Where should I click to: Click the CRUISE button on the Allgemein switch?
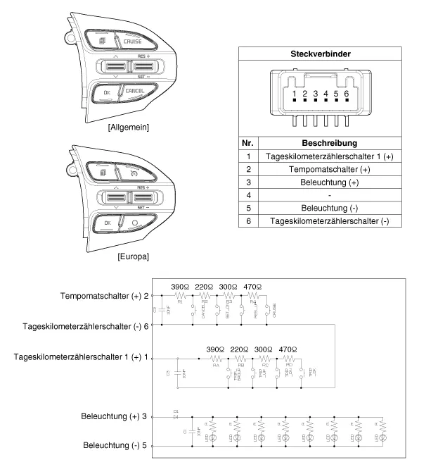(x=132, y=42)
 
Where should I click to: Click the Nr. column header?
(x=248, y=143)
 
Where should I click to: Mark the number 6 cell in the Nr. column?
(x=248, y=221)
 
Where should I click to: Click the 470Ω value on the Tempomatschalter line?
(x=252, y=287)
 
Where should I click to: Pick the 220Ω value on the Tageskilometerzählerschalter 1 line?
(x=240, y=350)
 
